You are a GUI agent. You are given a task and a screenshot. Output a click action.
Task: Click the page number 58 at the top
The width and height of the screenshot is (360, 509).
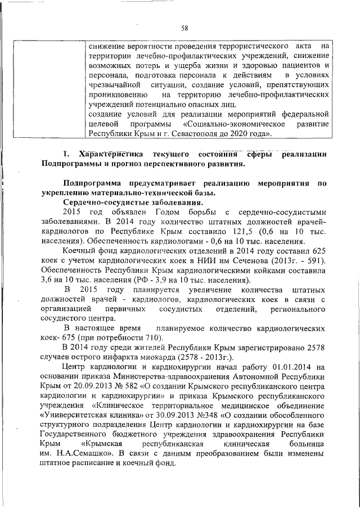pyautogui.click(x=184, y=27)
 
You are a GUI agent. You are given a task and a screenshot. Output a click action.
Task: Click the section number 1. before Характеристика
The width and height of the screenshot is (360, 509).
pyautogui.click(x=66, y=154)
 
